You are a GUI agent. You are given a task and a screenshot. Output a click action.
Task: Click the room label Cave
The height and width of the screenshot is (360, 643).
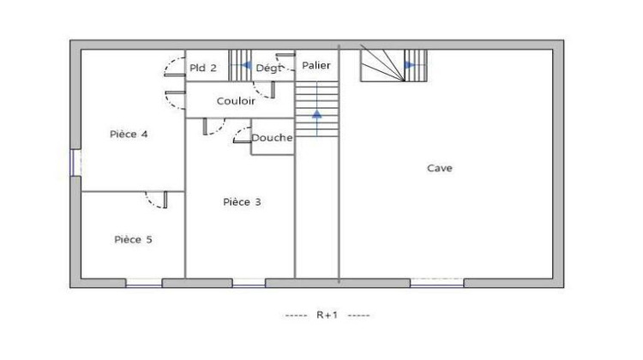coord(440,168)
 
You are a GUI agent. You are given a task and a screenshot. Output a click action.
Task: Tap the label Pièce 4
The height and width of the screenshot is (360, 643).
coord(129,134)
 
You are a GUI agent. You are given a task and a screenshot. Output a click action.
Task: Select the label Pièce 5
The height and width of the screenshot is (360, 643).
coord(133,240)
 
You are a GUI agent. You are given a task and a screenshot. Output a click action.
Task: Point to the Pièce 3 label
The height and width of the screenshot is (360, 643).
coord(242,202)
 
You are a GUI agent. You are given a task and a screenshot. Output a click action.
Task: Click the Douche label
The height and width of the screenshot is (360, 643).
coord(272,138)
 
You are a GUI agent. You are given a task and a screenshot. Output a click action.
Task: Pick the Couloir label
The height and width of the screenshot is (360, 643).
coord(236,101)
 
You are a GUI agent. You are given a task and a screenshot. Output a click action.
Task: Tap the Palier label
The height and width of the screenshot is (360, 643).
coord(316,65)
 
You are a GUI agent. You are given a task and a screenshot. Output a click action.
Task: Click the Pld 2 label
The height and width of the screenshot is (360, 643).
coord(203,69)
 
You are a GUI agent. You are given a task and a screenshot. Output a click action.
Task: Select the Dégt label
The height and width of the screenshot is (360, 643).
coord(269,69)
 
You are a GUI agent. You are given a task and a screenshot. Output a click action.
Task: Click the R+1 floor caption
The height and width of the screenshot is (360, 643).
coord(328,315)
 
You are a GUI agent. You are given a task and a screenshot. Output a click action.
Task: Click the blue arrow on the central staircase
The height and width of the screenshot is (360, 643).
coord(317,114)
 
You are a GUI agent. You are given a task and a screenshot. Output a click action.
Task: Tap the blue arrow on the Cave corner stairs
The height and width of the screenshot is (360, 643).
coord(410,64)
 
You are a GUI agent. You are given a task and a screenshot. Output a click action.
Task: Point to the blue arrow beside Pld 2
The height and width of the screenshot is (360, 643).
coord(246,65)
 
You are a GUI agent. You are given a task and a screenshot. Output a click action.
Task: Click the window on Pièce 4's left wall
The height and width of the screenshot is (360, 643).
coord(75,162)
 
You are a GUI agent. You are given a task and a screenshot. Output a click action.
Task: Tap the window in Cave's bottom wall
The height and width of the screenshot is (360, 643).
coord(436,282)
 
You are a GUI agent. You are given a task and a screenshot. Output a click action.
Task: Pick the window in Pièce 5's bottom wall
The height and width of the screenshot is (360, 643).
coord(143,283)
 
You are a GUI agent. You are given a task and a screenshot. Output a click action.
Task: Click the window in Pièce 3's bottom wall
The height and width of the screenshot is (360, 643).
coord(249,283)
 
